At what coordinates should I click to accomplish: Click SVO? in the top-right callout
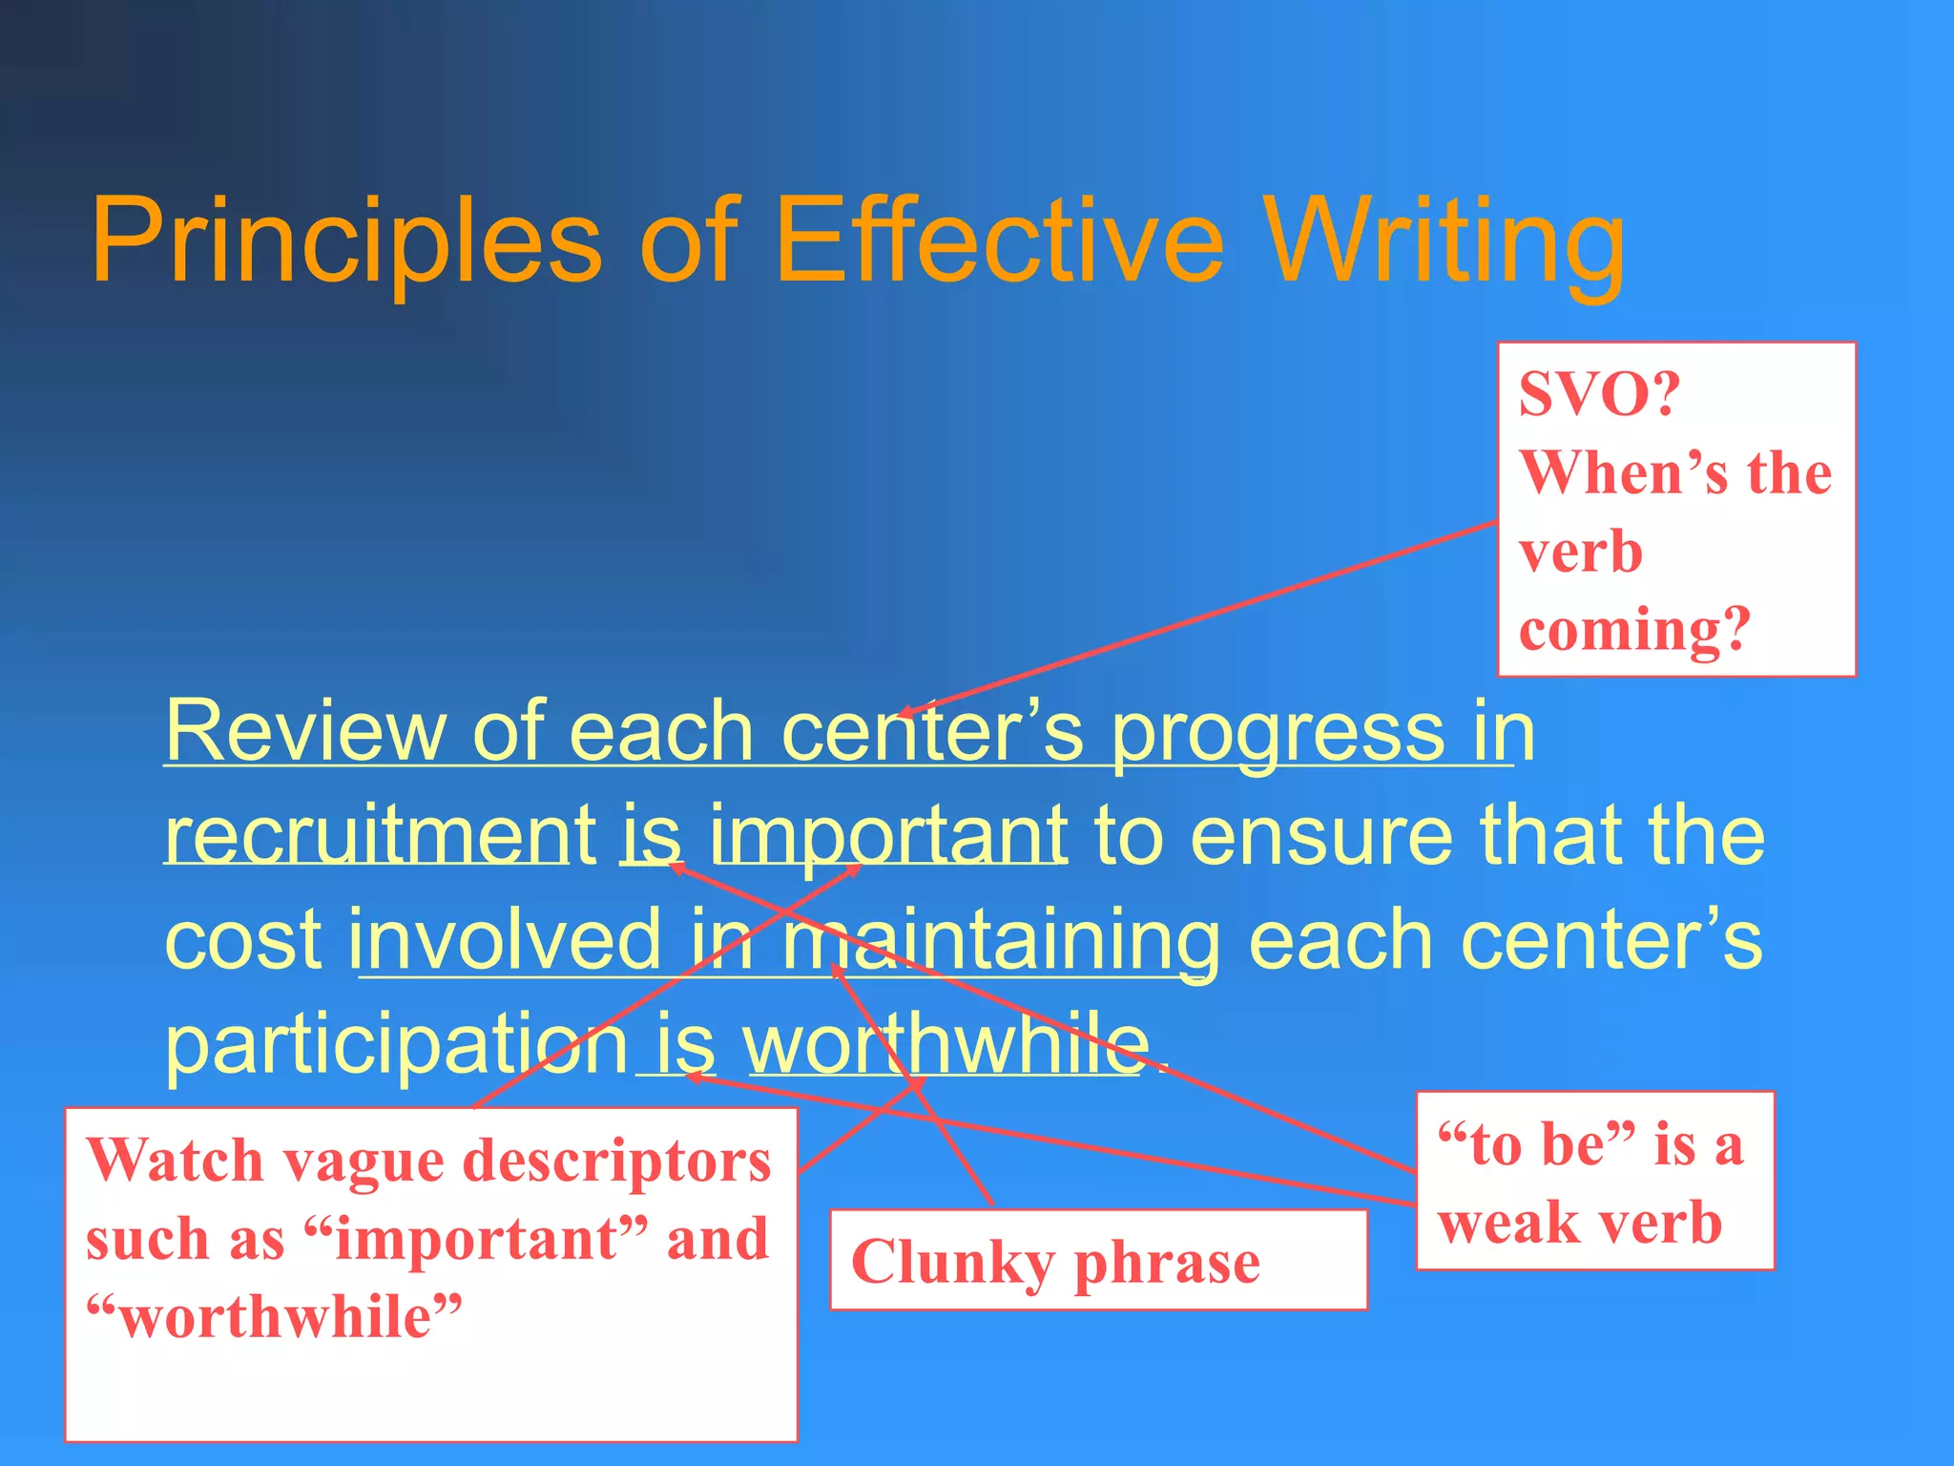(x=1599, y=393)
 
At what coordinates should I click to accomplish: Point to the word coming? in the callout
(x=1634, y=630)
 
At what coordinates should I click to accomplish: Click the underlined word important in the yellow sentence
(x=887, y=834)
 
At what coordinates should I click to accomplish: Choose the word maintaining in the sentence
(x=1000, y=941)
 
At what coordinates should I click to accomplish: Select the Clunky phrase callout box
(x=1097, y=1260)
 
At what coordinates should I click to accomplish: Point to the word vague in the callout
(x=363, y=1162)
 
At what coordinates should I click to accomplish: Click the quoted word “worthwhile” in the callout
(x=275, y=1318)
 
